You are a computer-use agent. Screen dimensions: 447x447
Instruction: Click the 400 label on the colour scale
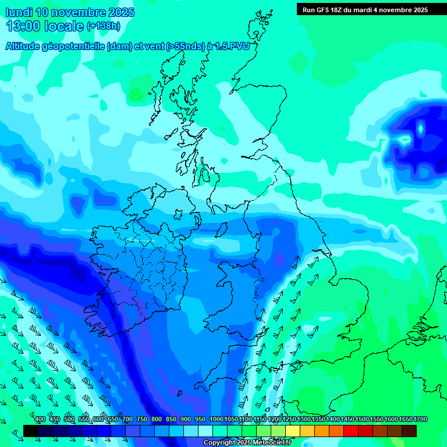(x=40, y=420)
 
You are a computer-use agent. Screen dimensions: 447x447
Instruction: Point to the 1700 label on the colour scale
(x=420, y=420)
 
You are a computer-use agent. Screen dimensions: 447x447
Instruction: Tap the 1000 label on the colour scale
(x=217, y=420)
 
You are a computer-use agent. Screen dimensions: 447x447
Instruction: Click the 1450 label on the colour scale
(x=347, y=420)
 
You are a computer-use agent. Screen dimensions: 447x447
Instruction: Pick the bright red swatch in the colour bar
(x=351, y=431)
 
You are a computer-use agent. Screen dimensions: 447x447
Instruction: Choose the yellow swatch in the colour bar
(x=293, y=431)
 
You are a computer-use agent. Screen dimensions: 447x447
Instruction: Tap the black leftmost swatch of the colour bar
(x=31, y=431)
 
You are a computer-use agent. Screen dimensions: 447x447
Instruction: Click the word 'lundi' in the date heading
(x=19, y=12)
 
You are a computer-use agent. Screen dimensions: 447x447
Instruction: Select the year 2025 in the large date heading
(x=120, y=12)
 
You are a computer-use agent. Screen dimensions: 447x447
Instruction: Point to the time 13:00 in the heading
(x=23, y=26)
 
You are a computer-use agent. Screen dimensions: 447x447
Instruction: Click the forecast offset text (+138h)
(x=103, y=26)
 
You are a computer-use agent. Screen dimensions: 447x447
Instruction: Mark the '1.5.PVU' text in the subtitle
(x=232, y=47)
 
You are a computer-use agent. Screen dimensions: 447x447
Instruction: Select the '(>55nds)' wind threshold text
(x=186, y=47)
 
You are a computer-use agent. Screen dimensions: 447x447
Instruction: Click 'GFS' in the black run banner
(x=327, y=10)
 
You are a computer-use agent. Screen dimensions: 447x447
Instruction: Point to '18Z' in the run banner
(x=344, y=10)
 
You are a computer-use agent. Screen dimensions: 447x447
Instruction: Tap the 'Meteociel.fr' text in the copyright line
(x=271, y=443)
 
